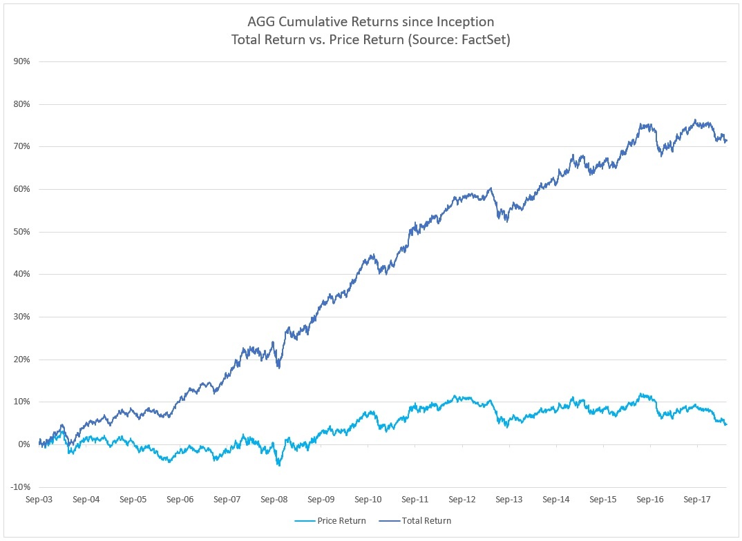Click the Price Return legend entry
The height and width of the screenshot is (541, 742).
[330, 521]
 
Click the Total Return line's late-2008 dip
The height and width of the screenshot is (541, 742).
[278, 367]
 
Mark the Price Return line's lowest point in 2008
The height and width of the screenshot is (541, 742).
[279, 465]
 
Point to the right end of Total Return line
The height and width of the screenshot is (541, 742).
[726, 141]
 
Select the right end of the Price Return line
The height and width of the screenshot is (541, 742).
[726, 424]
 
